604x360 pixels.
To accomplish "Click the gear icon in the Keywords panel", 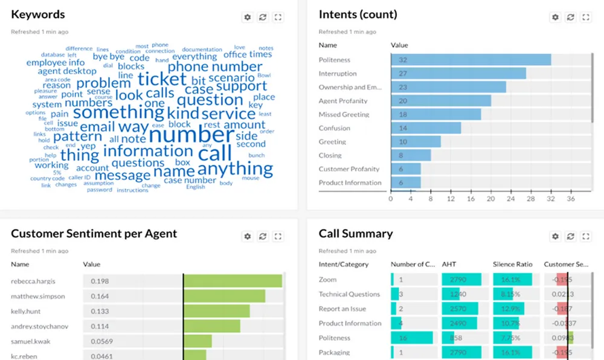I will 247,18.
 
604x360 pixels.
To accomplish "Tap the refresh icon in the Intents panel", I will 571,18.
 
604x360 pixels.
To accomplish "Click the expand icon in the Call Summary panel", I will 586,237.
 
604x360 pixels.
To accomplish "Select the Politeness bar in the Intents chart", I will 471,60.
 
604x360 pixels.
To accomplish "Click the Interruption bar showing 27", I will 458,74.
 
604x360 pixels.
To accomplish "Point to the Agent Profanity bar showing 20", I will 441,101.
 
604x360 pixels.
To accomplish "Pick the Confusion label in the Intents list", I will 334,128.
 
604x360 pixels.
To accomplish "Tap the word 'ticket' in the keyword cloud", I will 162,79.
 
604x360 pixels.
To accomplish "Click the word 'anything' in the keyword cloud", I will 235,168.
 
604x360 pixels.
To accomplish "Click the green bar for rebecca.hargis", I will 233,281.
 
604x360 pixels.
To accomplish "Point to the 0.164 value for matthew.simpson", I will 100,296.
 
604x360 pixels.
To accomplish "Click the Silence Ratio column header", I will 513,265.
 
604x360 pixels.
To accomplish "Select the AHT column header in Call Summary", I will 449,265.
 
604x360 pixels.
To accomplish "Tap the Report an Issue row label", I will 342,309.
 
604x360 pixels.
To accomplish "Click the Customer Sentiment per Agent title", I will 94,234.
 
